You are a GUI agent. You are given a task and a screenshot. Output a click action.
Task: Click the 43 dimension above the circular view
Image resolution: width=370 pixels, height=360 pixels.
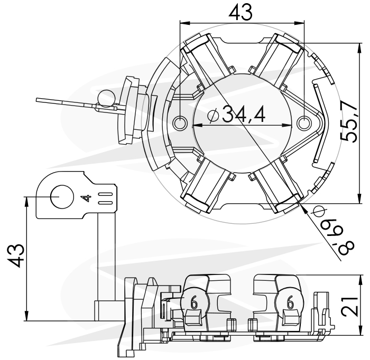tap(240, 11)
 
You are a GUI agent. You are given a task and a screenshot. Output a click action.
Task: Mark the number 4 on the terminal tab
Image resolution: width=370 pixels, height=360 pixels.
tap(85, 198)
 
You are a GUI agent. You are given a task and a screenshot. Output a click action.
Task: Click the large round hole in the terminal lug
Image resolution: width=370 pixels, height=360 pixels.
tap(62, 197)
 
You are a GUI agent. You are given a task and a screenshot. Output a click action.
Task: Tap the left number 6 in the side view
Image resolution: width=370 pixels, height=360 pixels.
tap(193, 302)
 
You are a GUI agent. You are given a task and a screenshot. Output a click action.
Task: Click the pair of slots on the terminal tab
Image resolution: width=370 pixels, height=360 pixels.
tap(105, 198)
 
